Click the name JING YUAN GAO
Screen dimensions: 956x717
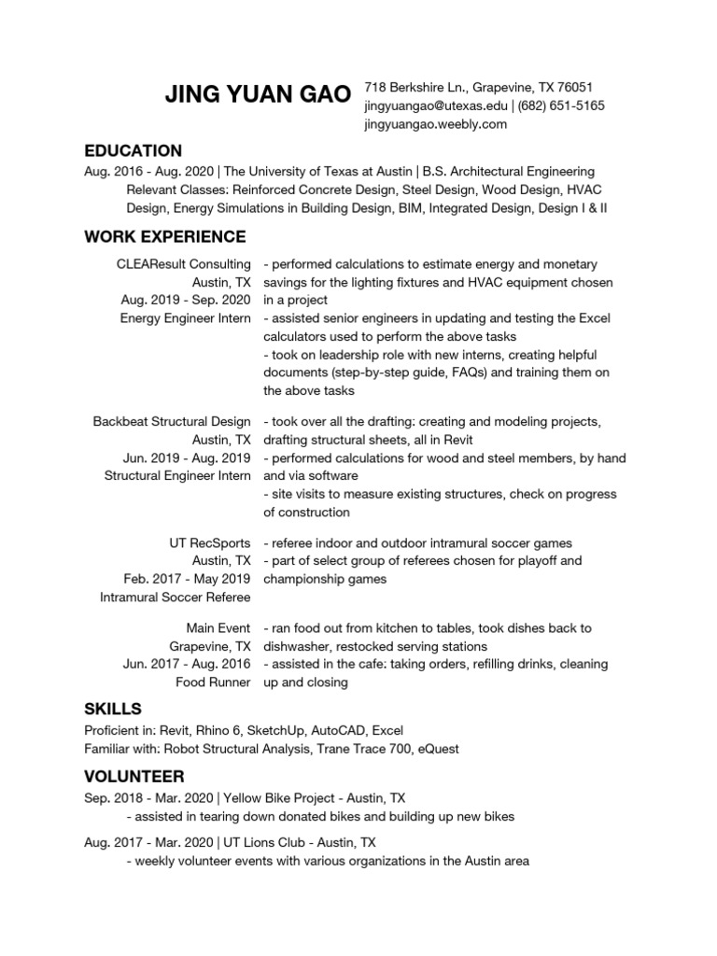click(x=258, y=94)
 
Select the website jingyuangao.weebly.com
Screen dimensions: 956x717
click(x=435, y=123)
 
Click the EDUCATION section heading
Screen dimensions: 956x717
click(x=133, y=150)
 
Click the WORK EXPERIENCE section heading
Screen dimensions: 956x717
click(x=165, y=236)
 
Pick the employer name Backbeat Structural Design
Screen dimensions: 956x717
click(x=172, y=422)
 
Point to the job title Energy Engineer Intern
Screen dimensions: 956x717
click(x=186, y=318)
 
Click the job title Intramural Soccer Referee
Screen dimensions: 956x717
click(x=176, y=597)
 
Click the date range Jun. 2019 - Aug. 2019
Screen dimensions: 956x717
click(x=187, y=457)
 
